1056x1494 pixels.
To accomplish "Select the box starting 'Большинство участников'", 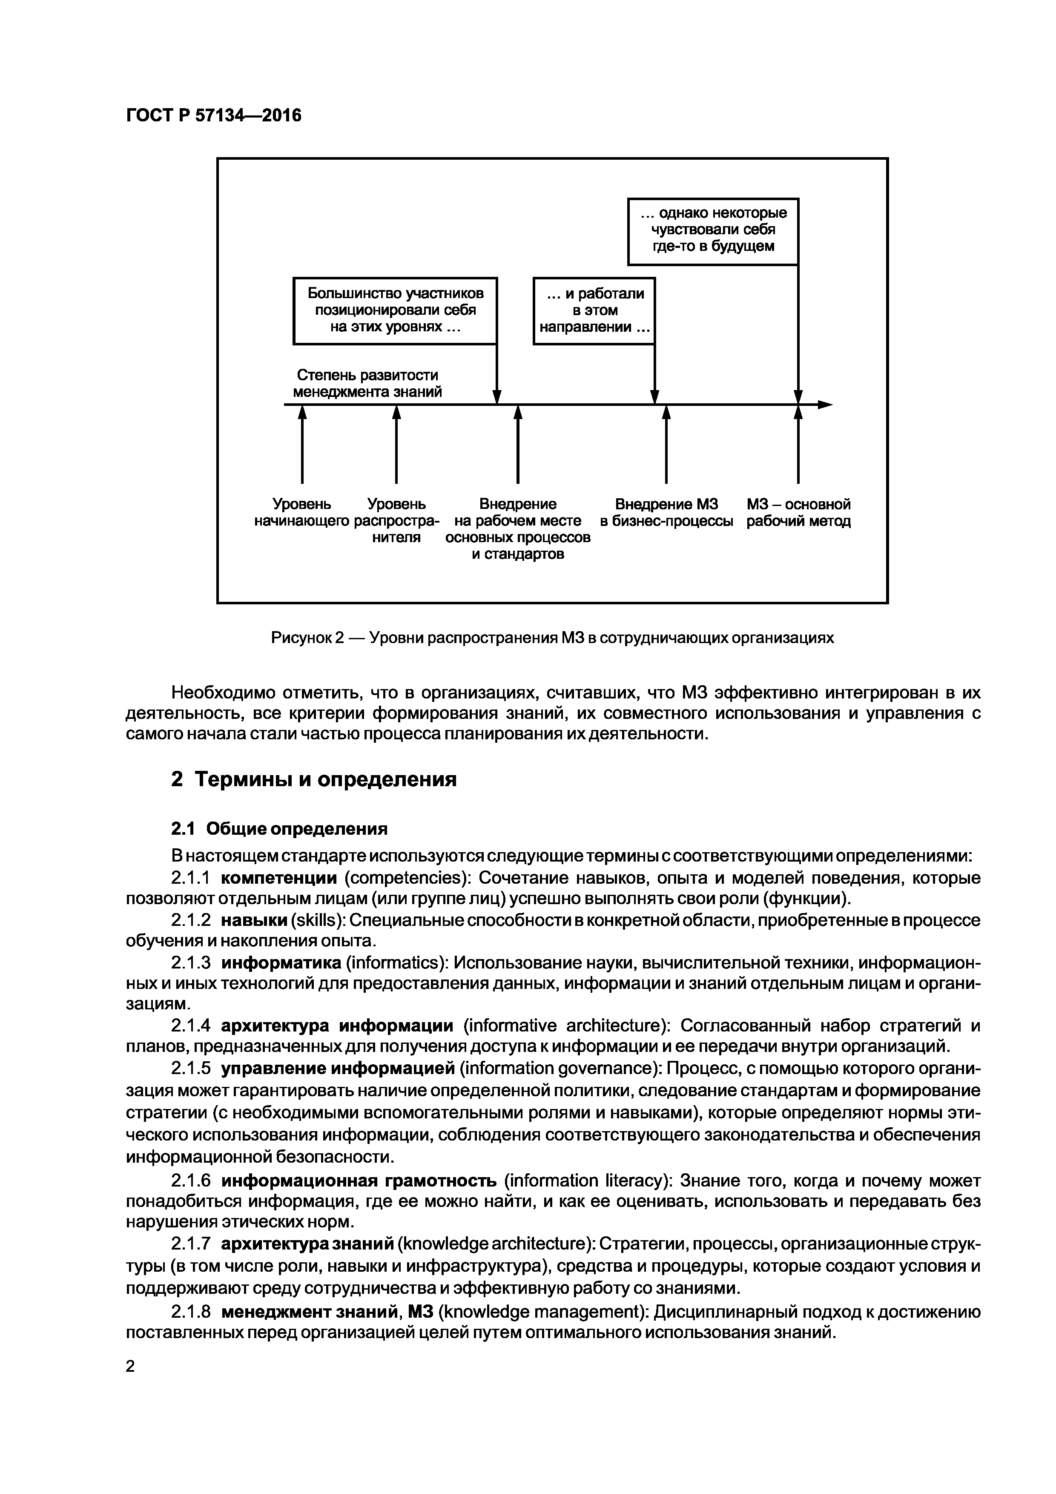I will (395, 310).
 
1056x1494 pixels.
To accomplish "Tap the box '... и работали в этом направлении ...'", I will (594, 310).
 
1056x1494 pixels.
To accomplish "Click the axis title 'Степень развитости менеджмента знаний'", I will (367, 384).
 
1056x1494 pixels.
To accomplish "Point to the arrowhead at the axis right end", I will (825, 405).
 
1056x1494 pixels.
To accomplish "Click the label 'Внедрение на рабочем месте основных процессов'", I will (518, 529).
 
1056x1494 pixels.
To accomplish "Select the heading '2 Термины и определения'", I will (314, 779).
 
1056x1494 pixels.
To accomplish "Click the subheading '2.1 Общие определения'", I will (279, 828).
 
